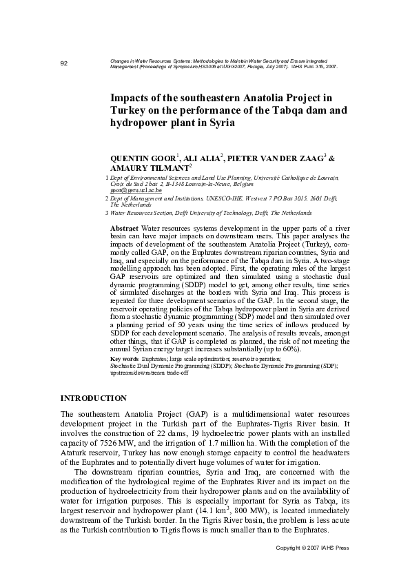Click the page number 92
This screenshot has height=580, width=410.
(x=63, y=64)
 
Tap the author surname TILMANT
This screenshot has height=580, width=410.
(x=167, y=167)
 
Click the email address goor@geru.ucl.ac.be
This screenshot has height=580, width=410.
(x=136, y=189)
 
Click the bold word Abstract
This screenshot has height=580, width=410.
(x=125, y=228)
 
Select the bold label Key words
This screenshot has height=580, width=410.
(x=125, y=360)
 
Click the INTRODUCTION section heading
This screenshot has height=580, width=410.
(x=93, y=398)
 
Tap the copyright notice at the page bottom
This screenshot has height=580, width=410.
(x=312, y=566)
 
